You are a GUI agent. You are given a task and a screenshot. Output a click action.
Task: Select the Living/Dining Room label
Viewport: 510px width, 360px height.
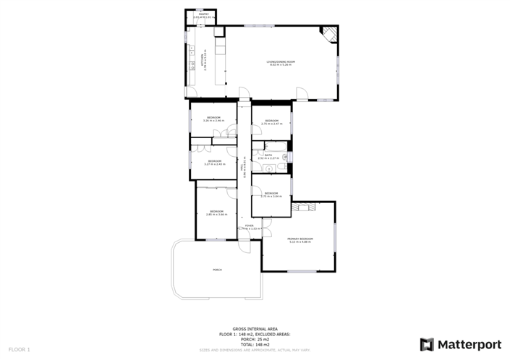point(281,64)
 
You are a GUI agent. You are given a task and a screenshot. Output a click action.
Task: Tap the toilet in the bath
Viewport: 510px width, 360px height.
point(269,169)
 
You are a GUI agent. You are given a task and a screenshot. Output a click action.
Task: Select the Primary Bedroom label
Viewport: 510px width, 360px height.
point(299,239)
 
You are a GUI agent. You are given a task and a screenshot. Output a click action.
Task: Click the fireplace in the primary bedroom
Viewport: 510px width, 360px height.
point(304,207)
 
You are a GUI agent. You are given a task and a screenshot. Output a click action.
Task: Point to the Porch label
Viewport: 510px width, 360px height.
point(217,270)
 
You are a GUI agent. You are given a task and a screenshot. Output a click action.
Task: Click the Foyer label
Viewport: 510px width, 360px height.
point(249,227)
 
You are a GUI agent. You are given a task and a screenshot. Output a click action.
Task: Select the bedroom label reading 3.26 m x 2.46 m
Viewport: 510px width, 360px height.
point(213,119)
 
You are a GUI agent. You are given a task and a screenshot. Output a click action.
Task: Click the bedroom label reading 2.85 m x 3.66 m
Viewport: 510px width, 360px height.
point(216,213)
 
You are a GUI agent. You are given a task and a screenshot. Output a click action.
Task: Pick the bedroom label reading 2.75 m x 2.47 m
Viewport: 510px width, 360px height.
point(271,122)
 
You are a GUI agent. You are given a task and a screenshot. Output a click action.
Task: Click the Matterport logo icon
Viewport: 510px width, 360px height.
point(427,344)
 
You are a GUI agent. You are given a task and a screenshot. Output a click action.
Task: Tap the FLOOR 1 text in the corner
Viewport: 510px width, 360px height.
point(19,350)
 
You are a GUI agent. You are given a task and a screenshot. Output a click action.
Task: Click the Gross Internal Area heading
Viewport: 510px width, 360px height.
point(255,329)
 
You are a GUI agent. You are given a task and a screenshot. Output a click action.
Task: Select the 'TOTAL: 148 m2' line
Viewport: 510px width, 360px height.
point(255,344)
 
